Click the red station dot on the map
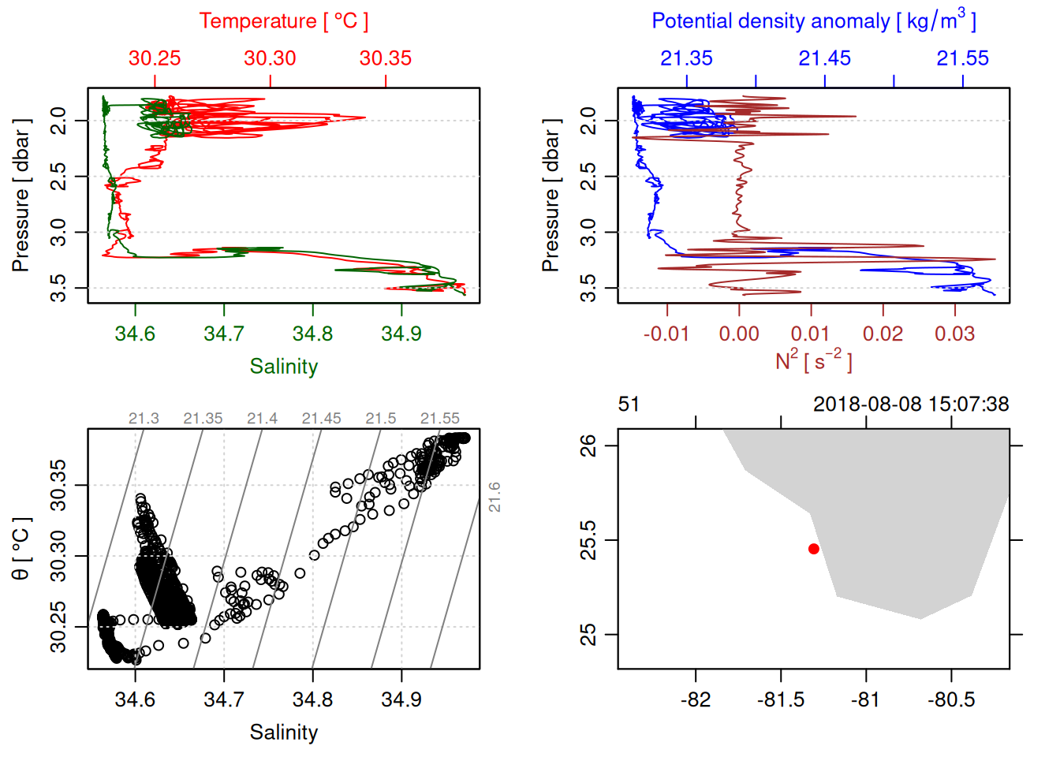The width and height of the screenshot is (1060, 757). click(x=814, y=549)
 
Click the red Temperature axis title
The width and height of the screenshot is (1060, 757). click(x=283, y=21)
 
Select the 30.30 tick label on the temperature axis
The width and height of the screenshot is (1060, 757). click(x=270, y=58)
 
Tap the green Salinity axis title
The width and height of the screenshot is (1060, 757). click(x=283, y=367)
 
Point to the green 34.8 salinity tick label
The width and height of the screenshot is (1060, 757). click(x=312, y=334)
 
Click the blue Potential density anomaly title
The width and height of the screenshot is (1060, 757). click(x=813, y=21)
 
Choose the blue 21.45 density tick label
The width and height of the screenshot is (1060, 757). click(x=824, y=58)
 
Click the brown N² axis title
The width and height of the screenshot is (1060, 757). click(x=813, y=360)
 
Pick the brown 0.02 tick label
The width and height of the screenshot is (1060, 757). click(x=883, y=334)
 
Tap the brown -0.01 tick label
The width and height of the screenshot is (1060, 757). click(x=666, y=334)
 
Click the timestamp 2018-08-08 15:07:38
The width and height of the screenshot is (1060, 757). click(x=911, y=405)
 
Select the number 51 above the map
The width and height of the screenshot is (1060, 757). click(x=629, y=405)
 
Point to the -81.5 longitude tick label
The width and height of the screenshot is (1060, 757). click(x=780, y=700)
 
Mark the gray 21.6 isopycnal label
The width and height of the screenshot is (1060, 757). click(x=495, y=498)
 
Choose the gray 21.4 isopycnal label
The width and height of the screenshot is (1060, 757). click(x=262, y=419)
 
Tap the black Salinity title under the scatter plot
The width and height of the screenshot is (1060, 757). click(x=283, y=733)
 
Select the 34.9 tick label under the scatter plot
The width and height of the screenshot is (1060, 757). click(x=401, y=700)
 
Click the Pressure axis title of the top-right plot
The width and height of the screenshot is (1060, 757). click(x=551, y=196)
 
